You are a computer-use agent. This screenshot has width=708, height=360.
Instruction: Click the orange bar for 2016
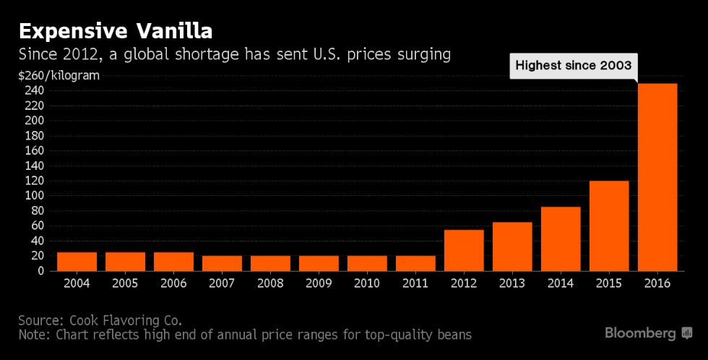pos(657,177)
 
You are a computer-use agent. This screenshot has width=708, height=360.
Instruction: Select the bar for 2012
pos(464,250)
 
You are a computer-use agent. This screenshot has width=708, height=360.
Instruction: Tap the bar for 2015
pos(609,226)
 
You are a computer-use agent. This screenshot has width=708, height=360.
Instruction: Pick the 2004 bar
pos(77,262)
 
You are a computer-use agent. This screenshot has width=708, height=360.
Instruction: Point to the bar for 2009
pos(319,263)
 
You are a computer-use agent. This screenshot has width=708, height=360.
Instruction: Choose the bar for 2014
pos(561,239)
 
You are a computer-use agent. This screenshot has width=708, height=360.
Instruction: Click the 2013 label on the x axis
pos(512,283)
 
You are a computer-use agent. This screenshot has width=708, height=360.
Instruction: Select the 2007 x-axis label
pos(222,283)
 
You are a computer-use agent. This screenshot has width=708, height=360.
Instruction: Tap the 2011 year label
pos(415,283)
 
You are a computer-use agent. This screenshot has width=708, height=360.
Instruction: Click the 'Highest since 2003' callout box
pos(574,66)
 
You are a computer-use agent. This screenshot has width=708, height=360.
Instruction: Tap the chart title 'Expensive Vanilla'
pos(115,32)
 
